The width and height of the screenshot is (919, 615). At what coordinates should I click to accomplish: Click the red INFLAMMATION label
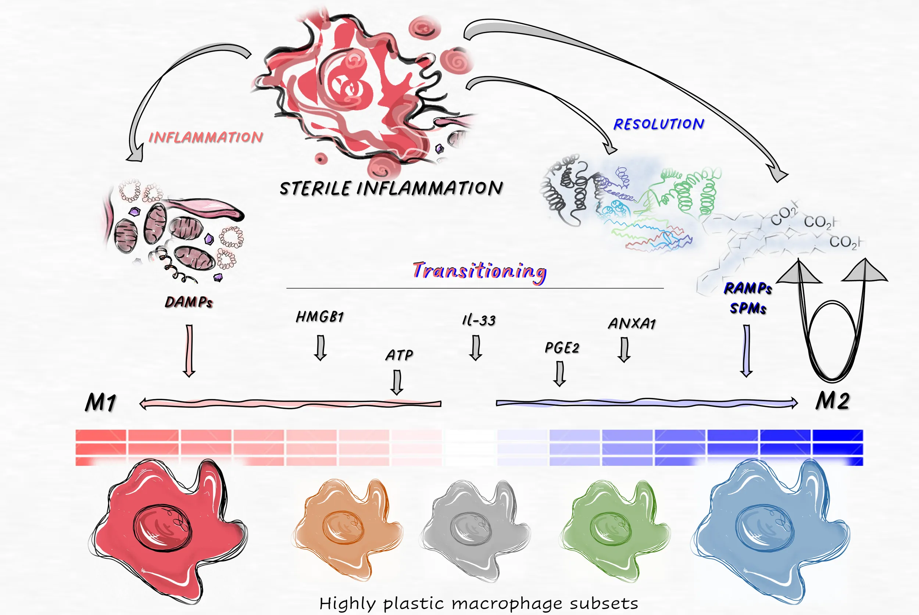click(205, 137)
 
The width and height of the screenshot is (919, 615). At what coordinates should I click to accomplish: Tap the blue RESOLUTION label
click(659, 124)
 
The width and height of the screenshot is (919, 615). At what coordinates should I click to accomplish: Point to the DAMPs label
click(189, 302)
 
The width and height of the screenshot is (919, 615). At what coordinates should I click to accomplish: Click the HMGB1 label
click(320, 317)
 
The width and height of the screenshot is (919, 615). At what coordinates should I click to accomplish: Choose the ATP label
click(399, 355)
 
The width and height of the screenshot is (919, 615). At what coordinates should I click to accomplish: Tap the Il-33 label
click(479, 321)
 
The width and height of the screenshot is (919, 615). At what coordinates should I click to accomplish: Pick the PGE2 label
click(562, 348)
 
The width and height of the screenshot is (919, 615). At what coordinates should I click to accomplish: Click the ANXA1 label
click(632, 323)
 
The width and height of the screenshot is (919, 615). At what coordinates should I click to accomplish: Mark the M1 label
click(101, 403)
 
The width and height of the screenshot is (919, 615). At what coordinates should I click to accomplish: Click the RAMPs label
click(748, 288)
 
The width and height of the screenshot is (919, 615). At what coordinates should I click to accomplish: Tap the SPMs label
click(748, 308)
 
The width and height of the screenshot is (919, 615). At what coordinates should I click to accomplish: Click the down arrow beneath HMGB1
click(321, 347)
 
